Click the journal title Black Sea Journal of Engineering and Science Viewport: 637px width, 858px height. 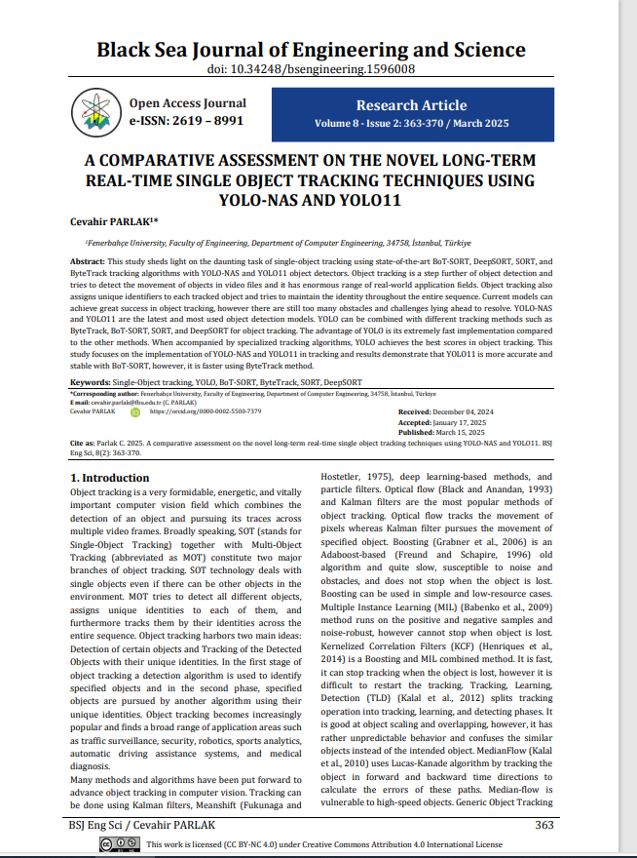coord(311,50)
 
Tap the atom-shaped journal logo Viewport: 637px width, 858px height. coord(96,113)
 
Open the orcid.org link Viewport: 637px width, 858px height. coord(205,411)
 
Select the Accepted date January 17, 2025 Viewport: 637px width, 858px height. coord(467,422)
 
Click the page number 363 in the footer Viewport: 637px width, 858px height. coord(544,825)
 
